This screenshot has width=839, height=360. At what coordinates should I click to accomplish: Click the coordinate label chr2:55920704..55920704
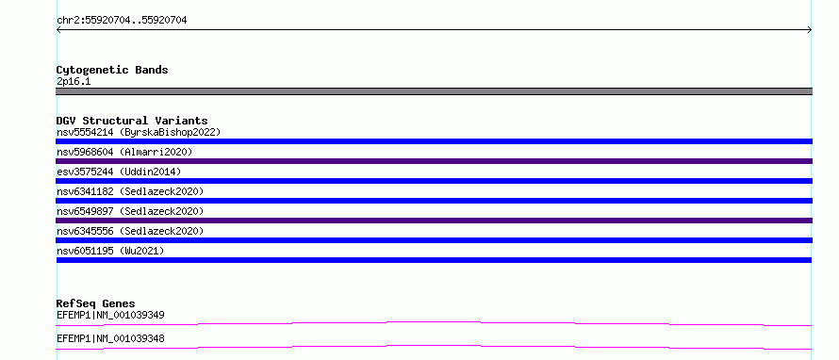[x=122, y=21]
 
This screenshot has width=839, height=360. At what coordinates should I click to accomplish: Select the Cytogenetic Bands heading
[x=112, y=70]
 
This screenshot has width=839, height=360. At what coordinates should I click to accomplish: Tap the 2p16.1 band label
[x=74, y=81]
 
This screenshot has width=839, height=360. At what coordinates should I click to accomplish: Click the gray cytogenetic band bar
[x=434, y=91]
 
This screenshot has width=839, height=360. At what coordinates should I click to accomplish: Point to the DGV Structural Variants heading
[x=132, y=121]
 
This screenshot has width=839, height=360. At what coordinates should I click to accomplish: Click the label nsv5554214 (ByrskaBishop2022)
[x=139, y=132]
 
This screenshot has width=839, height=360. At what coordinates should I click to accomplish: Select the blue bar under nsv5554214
[x=434, y=141]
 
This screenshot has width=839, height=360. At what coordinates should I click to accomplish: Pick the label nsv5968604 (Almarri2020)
[x=124, y=152]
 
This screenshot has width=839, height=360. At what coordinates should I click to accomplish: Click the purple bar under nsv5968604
[x=434, y=161]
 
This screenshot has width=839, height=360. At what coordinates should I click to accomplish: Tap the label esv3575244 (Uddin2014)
[x=119, y=172]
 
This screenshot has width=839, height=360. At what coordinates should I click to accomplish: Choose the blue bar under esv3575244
[x=434, y=181]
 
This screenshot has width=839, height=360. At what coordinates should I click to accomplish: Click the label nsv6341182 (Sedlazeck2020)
[x=130, y=191]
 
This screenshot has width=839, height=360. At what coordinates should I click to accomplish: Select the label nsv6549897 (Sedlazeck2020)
[x=130, y=211]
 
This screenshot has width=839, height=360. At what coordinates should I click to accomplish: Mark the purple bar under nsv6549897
[x=434, y=221]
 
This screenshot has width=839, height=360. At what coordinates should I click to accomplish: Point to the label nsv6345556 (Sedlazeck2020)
[x=130, y=231]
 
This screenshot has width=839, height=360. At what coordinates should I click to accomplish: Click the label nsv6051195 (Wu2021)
[x=110, y=251]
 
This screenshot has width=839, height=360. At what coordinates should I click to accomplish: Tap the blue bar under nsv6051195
[x=434, y=260]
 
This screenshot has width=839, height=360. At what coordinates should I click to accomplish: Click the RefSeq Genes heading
[x=96, y=303]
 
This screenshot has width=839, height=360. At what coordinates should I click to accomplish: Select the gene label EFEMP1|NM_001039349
[x=110, y=315]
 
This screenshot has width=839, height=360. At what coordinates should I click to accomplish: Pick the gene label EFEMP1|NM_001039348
[x=110, y=338]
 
